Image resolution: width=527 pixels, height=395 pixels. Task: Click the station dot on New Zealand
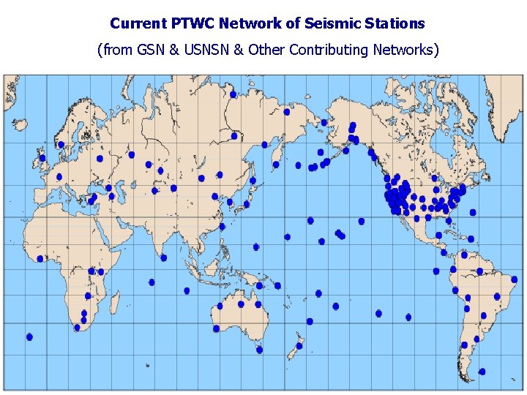coord(299,346)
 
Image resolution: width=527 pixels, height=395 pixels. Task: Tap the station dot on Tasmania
coord(259,350)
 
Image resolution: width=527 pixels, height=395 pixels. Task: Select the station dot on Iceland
coord(61,145)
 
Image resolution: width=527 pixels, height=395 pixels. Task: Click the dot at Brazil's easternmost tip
coord(514,279)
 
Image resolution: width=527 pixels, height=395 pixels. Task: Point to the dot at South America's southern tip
coord(482,372)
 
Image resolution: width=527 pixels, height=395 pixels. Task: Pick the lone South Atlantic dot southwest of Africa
coord(29,337)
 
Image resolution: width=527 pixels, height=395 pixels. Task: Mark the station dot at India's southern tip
coord(163,257)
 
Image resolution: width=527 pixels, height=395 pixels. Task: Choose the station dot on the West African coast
coord(40,259)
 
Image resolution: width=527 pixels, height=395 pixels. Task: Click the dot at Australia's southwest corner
coord(216,328)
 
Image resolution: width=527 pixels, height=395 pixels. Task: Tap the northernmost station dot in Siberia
coord(233,94)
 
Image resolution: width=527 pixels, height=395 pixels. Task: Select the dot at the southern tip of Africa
coord(77,328)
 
